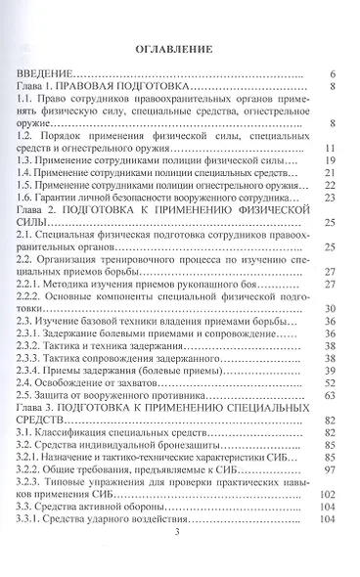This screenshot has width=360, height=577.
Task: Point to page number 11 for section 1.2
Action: pyautogui.click(x=330, y=148)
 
